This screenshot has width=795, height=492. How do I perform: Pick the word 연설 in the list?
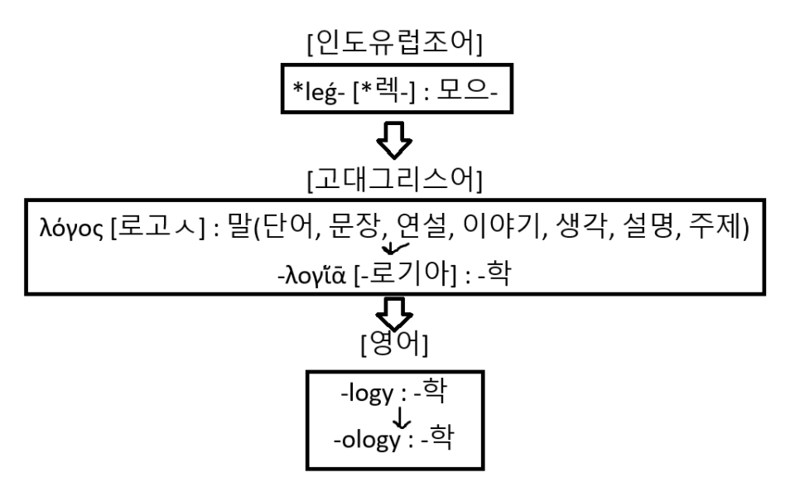(414, 228)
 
